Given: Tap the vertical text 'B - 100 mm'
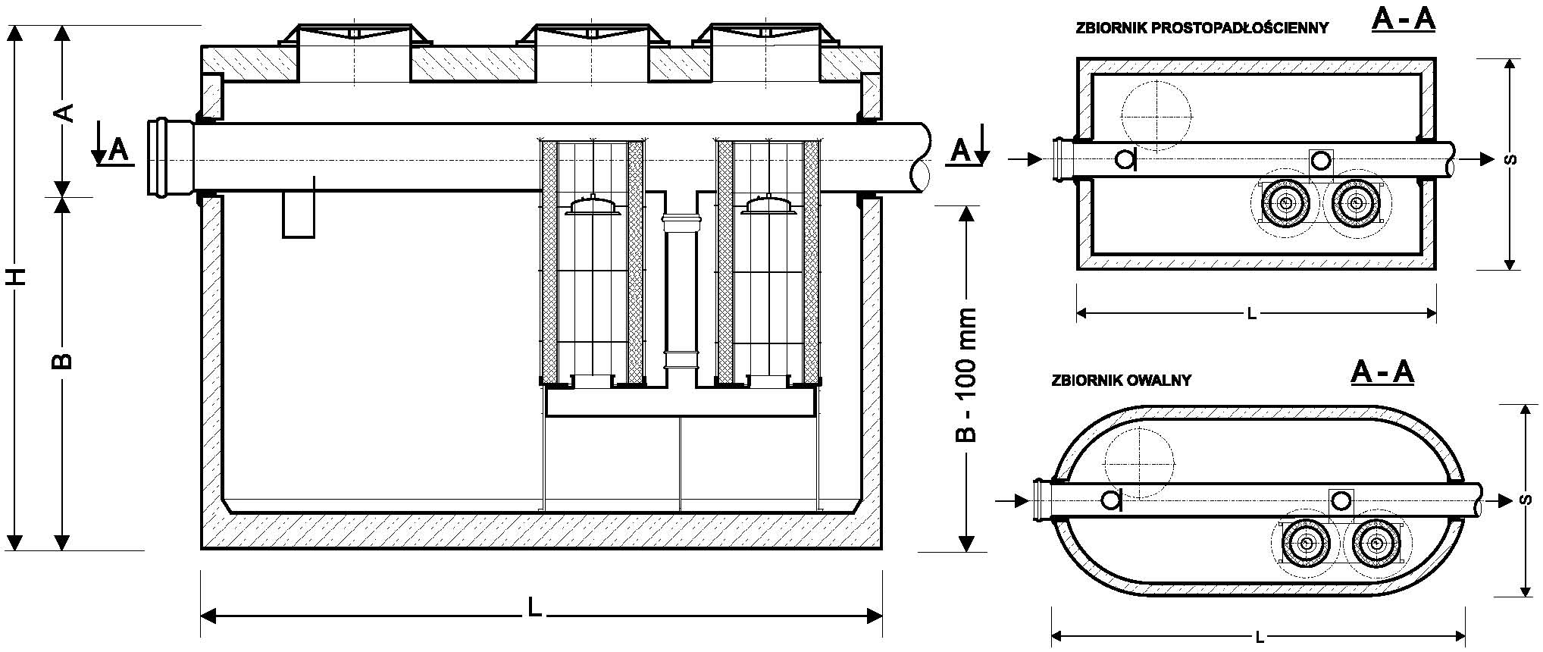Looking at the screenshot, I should tap(966, 375).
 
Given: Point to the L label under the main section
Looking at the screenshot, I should tap(535, 607).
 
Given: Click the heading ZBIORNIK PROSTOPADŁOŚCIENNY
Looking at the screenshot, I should tap(1202, 29).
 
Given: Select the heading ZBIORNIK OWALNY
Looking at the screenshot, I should tap(1121, 381).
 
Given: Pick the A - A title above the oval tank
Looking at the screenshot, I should tap(1382, 372).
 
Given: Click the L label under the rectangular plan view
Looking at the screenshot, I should tap(1252, 315).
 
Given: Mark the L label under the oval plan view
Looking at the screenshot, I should tap(1259, 637).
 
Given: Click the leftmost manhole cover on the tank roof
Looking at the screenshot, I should tap(354, 34).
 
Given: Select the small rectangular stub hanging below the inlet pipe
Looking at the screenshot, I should tap(298, 215).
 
